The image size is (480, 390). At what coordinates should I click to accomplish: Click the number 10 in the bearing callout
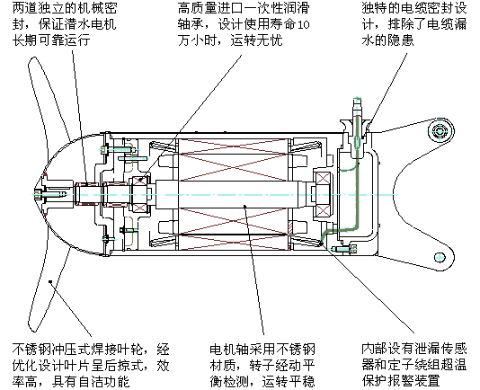303,25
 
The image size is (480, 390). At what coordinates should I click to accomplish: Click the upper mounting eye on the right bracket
440,131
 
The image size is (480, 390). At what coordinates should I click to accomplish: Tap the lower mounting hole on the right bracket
440,257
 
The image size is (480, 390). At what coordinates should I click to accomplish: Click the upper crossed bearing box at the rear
323,178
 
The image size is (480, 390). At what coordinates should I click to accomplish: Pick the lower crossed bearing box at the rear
323,211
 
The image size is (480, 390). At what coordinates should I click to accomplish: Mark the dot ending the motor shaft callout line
244,206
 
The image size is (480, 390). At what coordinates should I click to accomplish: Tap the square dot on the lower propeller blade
50,281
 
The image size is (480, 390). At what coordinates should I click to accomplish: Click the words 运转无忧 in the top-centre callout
256,40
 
